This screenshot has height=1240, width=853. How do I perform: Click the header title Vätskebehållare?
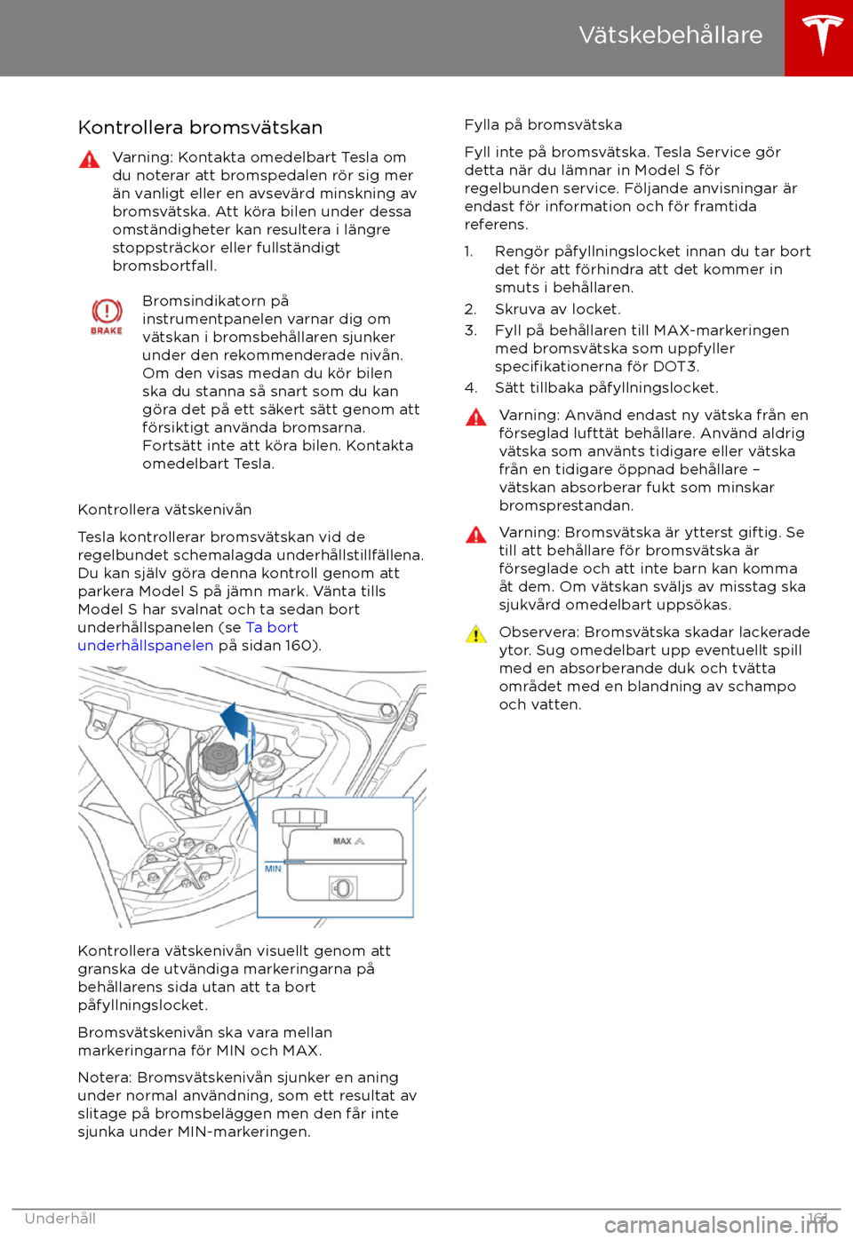point(670,35)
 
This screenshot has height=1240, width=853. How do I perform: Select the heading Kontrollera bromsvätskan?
point(200,128)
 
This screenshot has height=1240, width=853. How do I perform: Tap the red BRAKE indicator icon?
point(107,316)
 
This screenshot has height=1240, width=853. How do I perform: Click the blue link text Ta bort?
point(272,628)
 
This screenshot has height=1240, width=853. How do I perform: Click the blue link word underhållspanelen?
point(145,646)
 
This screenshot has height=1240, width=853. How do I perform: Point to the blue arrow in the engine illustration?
point(235,719)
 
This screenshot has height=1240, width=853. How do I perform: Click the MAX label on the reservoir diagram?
point(343,840)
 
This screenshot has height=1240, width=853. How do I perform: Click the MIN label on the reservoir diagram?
point(273,869)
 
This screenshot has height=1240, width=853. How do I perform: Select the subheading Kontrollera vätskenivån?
point(164,510)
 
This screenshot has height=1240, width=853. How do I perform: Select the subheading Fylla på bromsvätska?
point(543,125)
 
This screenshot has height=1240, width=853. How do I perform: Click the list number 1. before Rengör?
point(468,251)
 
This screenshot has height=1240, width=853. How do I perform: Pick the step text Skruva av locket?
point(557,309)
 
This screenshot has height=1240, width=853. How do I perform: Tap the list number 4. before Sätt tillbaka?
point(470,388)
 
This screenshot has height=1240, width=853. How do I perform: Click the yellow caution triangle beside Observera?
point(475,634)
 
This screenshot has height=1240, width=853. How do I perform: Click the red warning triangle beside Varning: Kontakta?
point(90,160)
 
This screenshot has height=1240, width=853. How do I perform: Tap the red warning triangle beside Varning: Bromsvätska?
point(475,535)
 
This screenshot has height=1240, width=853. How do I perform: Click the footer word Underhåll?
point(60,1219)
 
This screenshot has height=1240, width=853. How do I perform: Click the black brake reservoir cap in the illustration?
point(219,758)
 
